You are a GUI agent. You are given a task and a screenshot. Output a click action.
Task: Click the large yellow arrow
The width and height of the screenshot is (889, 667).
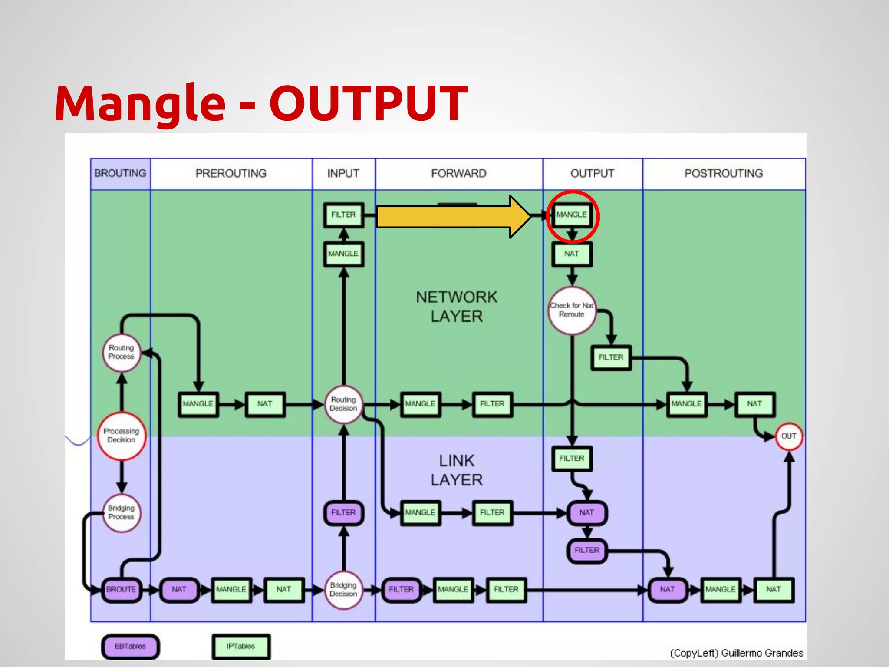(x=451, y=217)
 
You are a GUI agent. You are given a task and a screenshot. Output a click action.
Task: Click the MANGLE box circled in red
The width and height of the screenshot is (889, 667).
(x=572, y=215)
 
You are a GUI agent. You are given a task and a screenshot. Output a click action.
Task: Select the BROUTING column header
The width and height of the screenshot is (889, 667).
(x=120, y=174)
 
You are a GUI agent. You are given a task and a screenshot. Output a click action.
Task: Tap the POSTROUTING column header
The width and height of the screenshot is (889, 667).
(x=724, y=174)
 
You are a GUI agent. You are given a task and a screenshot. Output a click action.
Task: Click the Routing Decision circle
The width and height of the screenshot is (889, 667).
(x=343, y=404)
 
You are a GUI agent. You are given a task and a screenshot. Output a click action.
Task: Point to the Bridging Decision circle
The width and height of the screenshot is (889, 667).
(x=343, y=590)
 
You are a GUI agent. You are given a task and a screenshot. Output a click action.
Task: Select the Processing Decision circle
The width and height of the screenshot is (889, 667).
(x=122, y=436)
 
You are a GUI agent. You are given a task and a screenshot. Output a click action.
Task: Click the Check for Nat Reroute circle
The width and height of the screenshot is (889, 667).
(x=572, y=310)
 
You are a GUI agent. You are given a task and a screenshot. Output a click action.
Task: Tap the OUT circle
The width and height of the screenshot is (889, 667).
(x=788, y=436)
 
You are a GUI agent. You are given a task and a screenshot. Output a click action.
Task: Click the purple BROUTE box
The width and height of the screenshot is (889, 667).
(x=121, y=590)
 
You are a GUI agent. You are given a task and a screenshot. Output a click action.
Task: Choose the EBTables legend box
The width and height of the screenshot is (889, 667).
(x=130, y=647)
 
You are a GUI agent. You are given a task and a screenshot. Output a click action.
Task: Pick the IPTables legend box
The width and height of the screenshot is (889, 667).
(x=241, y=647)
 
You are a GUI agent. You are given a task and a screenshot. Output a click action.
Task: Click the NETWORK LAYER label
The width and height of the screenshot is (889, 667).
(x=457, y=307)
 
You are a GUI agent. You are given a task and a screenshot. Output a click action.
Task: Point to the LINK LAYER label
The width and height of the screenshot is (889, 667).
(x=457, y=470)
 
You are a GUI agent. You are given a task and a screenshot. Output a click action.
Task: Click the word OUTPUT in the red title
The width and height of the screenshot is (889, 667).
(x=369, y=103)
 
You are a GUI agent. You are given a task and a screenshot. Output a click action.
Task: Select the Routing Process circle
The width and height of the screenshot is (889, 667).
(x=122, y=352)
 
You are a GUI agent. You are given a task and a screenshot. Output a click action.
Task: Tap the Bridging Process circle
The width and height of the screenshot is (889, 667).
(x=122, y=513)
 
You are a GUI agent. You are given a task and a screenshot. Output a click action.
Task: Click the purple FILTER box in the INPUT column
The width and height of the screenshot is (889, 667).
(x=343, y=513)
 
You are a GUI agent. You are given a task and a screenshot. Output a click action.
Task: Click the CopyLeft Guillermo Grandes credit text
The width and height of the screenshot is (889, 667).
(x=736, y=653)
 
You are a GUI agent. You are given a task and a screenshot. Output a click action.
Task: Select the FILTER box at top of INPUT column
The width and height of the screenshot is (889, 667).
(x=343, y=215)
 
